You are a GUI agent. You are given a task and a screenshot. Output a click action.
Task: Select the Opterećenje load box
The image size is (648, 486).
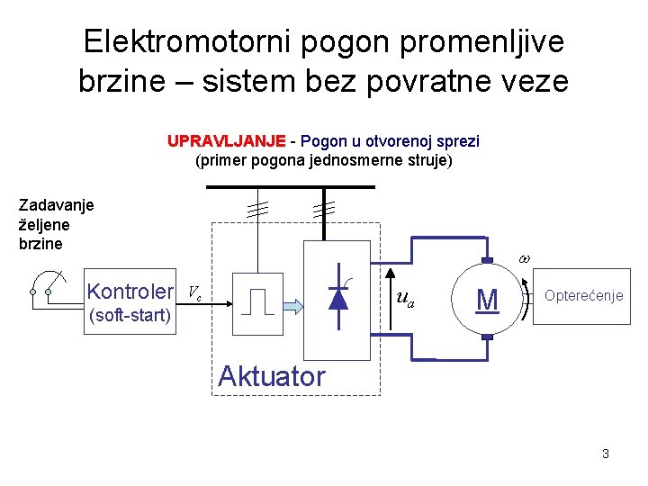point(583,296)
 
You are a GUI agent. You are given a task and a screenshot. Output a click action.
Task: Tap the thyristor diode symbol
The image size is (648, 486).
point(338,295)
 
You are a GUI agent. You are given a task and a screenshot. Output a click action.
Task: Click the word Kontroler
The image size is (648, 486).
point(130,292)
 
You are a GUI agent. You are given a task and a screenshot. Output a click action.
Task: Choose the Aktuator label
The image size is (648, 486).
point(271,376)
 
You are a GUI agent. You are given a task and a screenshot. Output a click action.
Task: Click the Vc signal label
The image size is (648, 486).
point(193,292)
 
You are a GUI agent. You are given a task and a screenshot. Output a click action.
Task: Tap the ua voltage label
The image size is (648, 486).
point(406,298)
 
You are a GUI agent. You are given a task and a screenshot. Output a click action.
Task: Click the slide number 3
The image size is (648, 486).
point(606,454)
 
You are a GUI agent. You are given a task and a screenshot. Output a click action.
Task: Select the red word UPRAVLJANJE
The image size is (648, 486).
point(226,141)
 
